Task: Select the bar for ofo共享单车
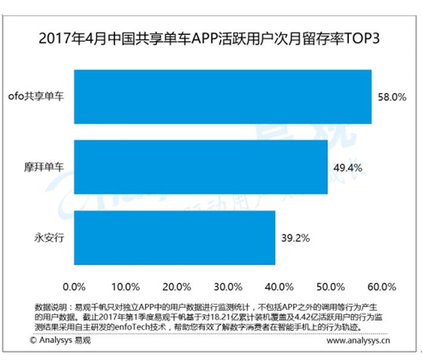(x=223, y=97)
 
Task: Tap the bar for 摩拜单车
(x=200, y=167)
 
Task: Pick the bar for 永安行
(x=174, y=237)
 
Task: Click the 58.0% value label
(x=392, y=97)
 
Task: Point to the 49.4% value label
(x=348, y=167)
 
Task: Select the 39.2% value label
(x=295, y=238)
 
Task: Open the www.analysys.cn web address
(x=358, y=341)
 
